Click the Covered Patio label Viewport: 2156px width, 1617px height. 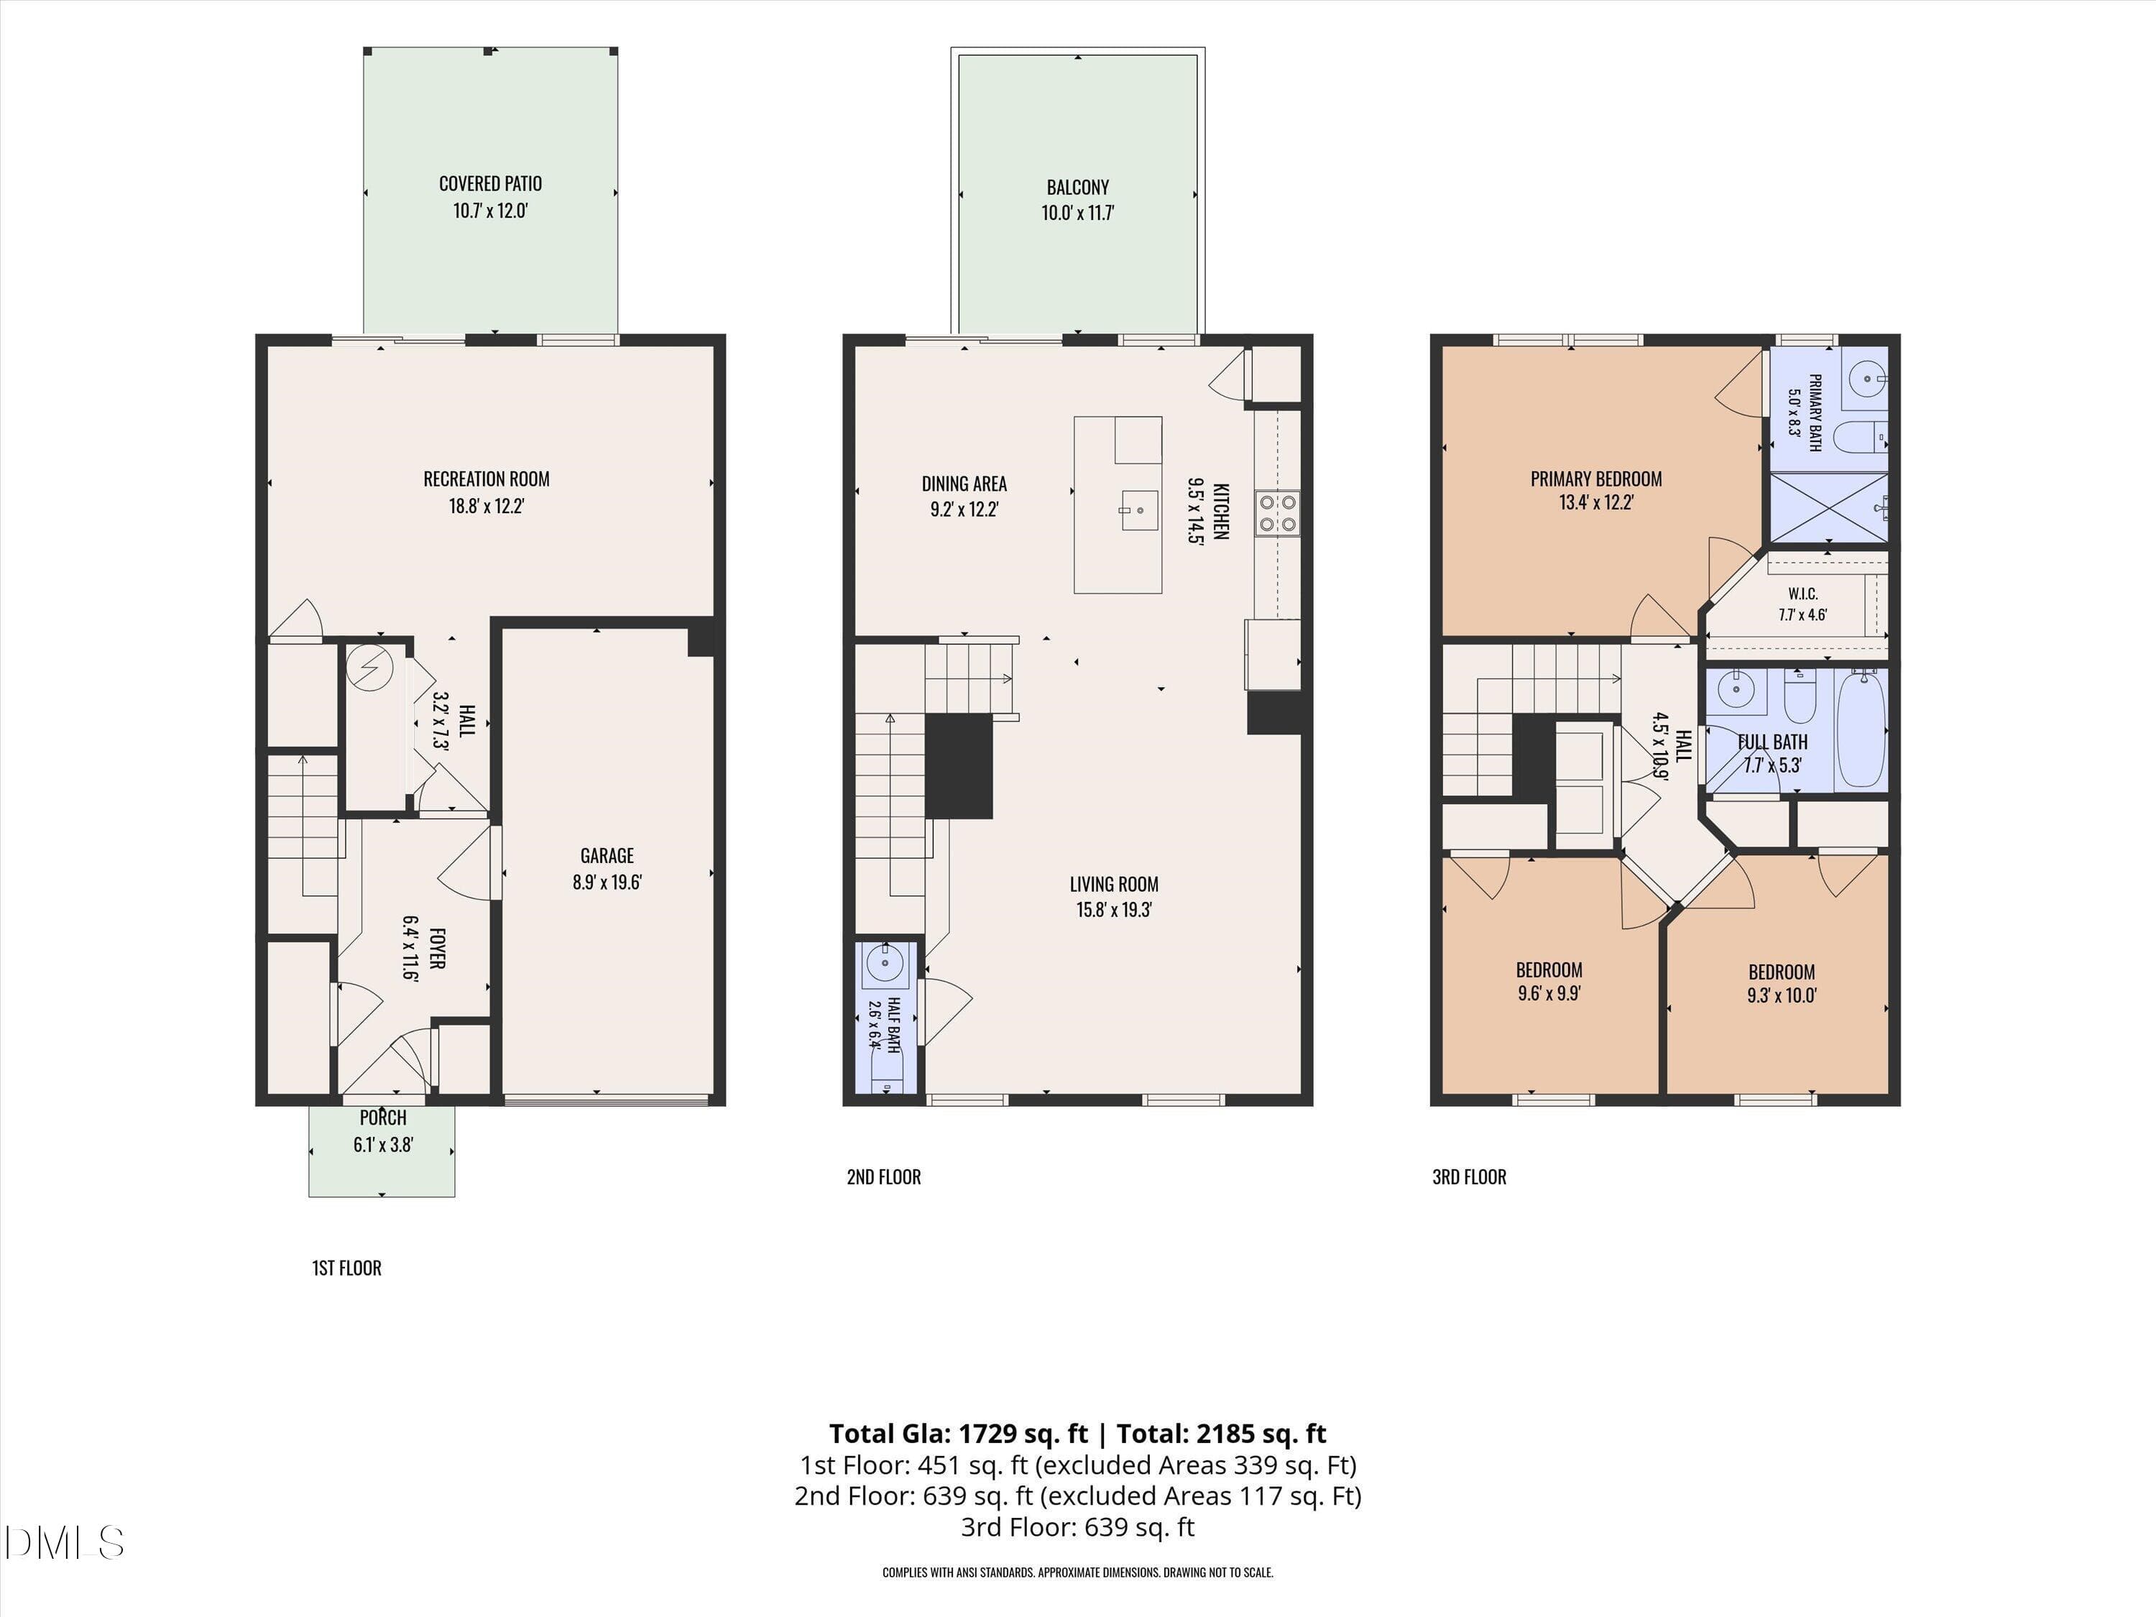tap(490, 183)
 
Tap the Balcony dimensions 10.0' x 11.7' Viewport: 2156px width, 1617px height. tap(1078, 213)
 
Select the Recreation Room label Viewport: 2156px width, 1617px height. tap(487, 479)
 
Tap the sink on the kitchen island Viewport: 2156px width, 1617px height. tap(1138, 510)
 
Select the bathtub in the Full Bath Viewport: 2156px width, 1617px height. tap(1861, 729)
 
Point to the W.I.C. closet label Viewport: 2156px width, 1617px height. tap(1803, 594)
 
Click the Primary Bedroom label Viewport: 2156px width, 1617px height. tap(1597, 479)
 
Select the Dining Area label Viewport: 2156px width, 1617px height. tap(964, 484)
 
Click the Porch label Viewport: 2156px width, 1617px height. tap(383, 1118)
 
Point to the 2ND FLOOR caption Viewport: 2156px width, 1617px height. tap(884, 1177)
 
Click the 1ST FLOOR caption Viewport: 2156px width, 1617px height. tap(347, 1268)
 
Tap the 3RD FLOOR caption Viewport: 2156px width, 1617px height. tap(1470, 1177)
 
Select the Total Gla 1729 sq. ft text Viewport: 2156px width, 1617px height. tap(958, 1434)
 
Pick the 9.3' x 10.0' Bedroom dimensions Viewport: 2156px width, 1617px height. tap(1782, 996)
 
